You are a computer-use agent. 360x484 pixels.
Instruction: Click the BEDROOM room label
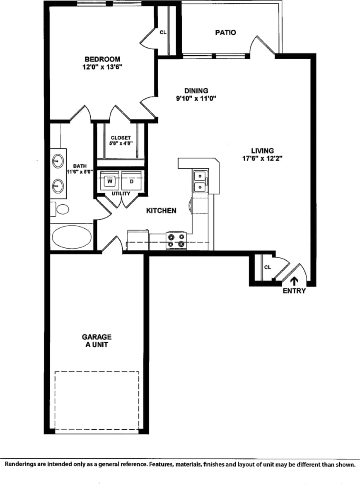click(102, 59)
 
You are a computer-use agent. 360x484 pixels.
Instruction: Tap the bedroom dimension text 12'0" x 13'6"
click(102, 67)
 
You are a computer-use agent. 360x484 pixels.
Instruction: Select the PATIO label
click(225, 32)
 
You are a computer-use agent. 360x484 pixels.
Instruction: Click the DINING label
click(196, 91)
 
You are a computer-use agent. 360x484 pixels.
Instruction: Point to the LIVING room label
click(262, 150)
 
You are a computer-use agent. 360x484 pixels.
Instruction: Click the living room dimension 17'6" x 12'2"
click(262, 158)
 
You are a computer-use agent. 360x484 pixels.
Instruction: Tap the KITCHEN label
click(161, 211)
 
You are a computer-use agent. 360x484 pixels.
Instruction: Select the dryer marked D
click(132, 181)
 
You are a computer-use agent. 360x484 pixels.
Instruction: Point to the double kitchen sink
click(200, 181)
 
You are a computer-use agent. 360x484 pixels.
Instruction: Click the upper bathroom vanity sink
click(58, 160)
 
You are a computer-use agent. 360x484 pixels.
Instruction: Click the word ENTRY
click(294, 291)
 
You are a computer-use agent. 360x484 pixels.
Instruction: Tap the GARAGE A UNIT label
click(97, 341)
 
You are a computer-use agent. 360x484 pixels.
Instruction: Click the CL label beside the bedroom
click(163, 32)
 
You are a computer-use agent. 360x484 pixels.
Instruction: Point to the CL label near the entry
click(268, 267)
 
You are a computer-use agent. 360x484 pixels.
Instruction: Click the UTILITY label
click(121, 194)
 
